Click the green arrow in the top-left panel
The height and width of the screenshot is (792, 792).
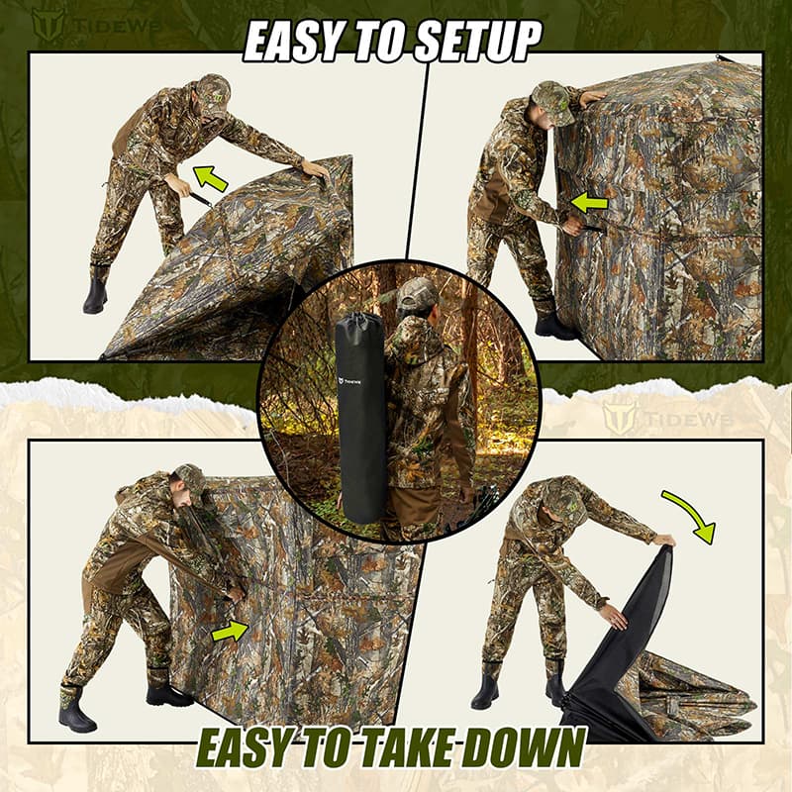[210, 179]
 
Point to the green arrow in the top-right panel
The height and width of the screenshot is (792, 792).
[588, 203]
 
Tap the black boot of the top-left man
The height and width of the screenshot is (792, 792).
[96, 293]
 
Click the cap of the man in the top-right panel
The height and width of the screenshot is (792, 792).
[552, 101]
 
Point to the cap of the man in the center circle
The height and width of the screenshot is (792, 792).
[418, 292]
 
